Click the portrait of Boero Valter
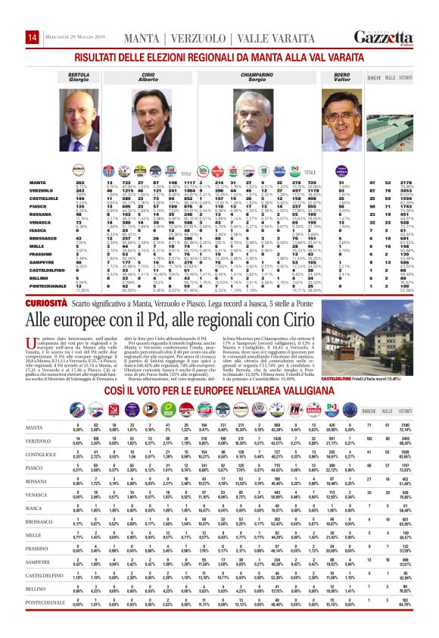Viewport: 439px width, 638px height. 341,118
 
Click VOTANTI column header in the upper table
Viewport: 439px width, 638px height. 406,78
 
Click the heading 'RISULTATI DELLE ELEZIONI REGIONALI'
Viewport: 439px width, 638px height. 219,57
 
